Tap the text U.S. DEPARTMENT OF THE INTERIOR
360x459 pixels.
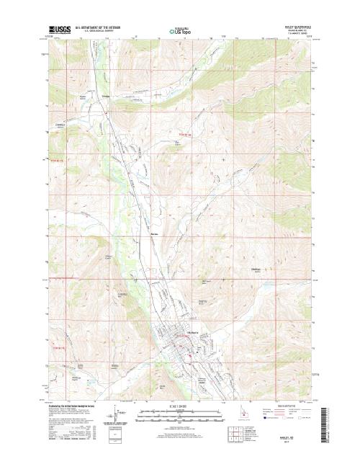click(x=100, y=27)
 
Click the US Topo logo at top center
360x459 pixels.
click(x=179, y=31)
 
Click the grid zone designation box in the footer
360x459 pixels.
click(x=109, y=435)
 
